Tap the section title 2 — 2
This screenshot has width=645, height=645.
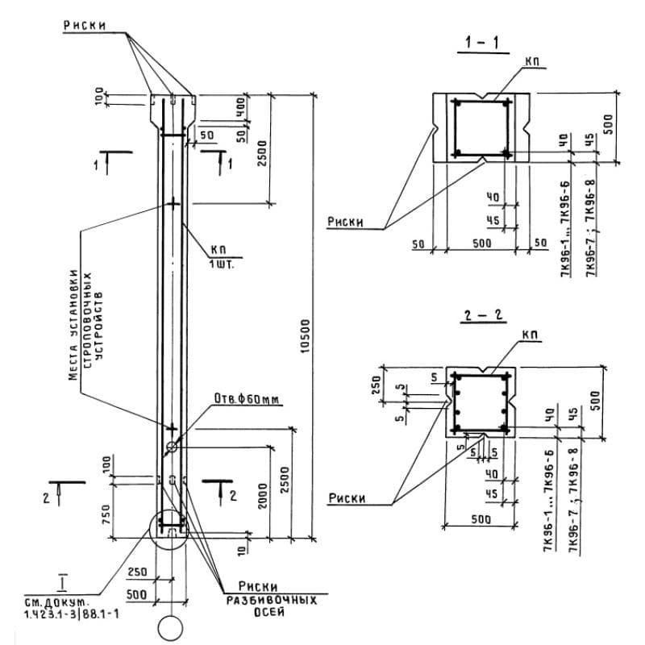coord(484,315)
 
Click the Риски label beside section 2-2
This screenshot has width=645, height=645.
coord(347,498)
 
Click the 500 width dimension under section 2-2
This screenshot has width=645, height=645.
coord(482,520)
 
